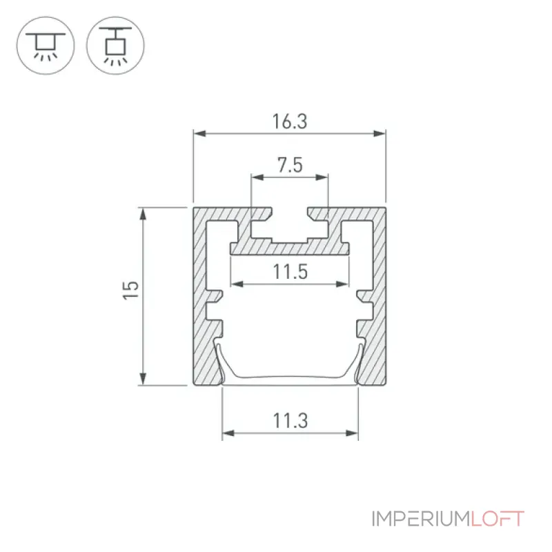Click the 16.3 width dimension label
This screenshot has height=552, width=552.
point(290,121)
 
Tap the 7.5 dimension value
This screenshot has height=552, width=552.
point(290,165)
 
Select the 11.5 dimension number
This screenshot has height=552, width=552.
point(290,272)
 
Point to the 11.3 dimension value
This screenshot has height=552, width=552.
point(290,421)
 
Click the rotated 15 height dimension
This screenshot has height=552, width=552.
point(130,290)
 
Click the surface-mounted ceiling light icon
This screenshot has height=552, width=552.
point(46,46)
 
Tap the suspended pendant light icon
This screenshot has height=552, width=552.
point(115,46)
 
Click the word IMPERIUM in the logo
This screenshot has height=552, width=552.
point(421,519)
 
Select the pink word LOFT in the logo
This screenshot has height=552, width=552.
point(497,519)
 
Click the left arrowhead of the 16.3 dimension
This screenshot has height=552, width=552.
point(199,133)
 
